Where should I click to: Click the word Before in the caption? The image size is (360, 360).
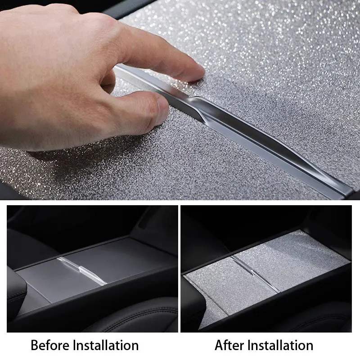pyautogui.click(x=50, y=345)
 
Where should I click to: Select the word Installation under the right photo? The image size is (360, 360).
pyautogui.click(x=281, y=345)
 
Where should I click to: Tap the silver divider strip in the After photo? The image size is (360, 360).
pyautogui.click(x=255, y=274)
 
